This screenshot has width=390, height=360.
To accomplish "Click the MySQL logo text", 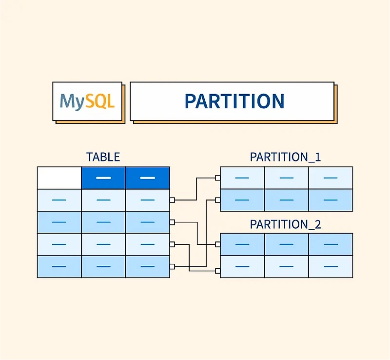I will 87,101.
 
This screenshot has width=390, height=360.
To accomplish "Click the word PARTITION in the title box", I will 234,101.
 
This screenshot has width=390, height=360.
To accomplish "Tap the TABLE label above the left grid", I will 103,157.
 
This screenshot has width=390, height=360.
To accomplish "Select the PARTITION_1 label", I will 285,157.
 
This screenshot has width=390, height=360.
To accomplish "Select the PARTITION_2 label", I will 285,224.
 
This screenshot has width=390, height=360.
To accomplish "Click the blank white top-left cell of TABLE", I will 59,178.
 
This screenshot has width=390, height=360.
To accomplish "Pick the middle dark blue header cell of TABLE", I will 103,178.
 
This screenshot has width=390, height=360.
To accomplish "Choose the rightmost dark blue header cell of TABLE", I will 147,178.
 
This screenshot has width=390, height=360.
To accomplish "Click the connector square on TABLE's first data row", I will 172,200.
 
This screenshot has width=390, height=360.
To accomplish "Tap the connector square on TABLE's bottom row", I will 172,266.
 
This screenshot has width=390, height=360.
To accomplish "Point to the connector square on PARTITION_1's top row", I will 218,178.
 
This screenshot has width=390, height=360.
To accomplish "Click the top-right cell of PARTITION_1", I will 330,178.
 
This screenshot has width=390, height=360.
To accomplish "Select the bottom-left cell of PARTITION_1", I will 242,200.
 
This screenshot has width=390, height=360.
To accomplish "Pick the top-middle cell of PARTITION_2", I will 286,244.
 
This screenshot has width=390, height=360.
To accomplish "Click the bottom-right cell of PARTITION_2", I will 330,267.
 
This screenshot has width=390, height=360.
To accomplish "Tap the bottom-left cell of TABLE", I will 59,266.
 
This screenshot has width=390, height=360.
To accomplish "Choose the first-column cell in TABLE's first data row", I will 59,200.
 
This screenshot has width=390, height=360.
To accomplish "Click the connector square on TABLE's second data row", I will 172,222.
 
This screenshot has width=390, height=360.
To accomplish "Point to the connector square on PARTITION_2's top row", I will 218,244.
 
